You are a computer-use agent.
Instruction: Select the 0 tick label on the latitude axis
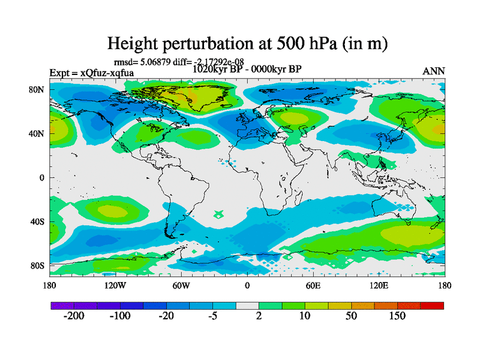click(42, 178)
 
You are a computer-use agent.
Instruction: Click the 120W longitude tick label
click(115, 286)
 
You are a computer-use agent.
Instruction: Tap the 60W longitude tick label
click(181, 286)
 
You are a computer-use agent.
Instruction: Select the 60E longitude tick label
click(313, 286)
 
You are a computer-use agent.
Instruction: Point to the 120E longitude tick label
click(379, 286)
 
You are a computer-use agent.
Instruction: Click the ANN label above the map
click(434, 71)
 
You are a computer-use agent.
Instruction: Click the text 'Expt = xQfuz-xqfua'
click(92, 73)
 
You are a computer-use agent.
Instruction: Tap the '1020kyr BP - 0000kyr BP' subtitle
click(247, 68)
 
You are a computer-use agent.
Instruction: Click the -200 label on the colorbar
click(73, 316)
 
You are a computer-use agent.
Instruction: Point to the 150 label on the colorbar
click(397, 316)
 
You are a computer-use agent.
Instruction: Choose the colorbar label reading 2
click(259, 316)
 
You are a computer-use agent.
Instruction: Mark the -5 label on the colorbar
click(212, 316)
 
